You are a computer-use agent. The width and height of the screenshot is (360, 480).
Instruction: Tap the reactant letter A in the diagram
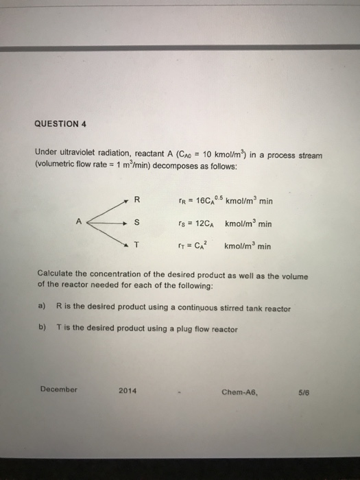80,221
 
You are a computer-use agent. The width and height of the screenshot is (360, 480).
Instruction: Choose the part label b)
43,329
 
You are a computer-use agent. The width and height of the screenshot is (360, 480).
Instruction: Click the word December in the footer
58,389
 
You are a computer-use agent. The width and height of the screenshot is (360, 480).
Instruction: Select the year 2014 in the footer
128,391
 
